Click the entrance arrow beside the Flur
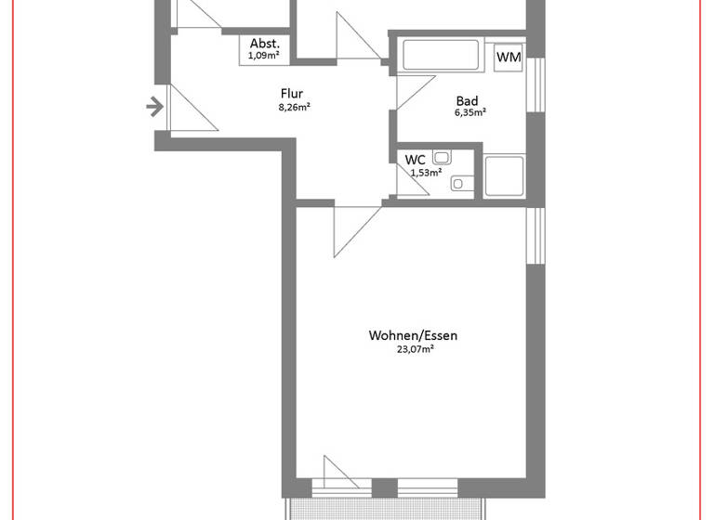155,108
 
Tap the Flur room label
293,93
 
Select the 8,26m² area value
293,107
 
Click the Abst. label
264,43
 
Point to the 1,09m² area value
264,56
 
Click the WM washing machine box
509,58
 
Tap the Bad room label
468,101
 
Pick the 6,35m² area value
469,113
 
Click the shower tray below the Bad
504,175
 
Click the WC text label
415,160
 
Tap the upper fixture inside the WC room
442,159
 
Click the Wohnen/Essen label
414,335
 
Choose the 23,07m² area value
415,349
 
